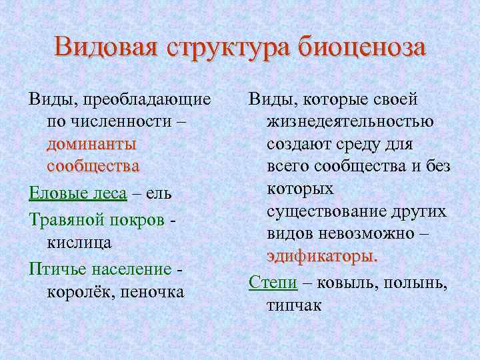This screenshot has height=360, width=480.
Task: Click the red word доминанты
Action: point(92,144)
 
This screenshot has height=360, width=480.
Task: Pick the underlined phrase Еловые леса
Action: point(77,193)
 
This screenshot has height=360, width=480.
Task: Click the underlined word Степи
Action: point(273,282)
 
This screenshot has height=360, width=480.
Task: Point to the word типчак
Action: point(294,305)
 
